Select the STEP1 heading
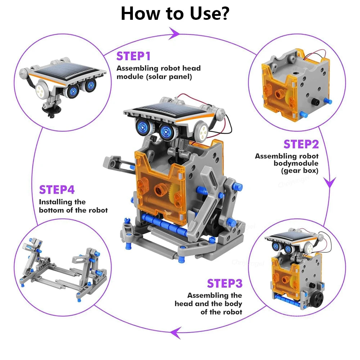coord(133,56)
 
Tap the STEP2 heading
coord(301,144)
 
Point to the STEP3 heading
coord(224,283)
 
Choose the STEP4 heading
coord(57,190)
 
